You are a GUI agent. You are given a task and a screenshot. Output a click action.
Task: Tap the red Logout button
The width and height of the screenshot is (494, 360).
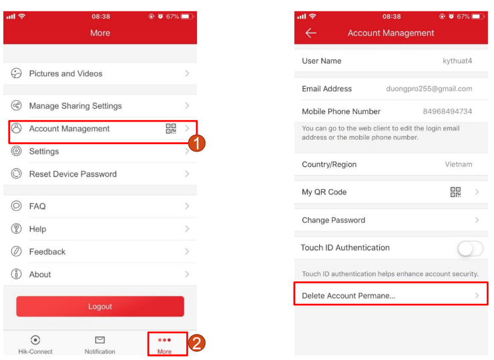pos(100,306)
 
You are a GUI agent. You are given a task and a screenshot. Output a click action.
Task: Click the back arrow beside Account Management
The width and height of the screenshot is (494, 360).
pos(310,33)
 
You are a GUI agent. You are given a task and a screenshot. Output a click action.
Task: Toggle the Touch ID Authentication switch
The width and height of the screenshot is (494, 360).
pos(471,248)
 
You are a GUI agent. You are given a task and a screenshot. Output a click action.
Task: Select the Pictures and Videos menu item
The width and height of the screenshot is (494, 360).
pos(65,73)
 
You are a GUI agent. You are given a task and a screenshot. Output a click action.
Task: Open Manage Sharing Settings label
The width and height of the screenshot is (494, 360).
pos(75,106)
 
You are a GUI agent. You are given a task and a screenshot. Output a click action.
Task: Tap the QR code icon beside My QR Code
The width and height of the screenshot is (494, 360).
pos(455,192)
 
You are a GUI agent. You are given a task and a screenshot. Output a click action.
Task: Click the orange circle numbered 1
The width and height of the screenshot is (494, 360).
pos(196,143)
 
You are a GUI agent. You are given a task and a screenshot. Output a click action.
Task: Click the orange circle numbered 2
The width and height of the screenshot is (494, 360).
pos(196,343)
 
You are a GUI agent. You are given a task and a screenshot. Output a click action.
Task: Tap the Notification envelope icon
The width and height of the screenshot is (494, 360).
pos(100,340)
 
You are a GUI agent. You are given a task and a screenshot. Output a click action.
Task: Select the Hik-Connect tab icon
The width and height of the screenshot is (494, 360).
pos(35,340)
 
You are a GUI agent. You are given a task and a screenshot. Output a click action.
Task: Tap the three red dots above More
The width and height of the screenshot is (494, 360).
pos(164,340)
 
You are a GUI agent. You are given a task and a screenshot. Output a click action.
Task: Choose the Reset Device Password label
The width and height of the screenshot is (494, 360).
pos(73,174)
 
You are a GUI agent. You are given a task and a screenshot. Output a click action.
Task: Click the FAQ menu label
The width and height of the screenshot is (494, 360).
pos(37,206)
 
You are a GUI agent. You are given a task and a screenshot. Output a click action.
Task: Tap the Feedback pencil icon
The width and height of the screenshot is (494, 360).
pos(17,251)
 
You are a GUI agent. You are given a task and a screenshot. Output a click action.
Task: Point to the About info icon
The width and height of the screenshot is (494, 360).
pos(17,274)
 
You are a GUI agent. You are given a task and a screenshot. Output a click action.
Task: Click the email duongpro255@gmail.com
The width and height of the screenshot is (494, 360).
pos(429,89)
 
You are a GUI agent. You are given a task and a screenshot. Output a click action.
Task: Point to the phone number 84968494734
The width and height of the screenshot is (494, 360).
pos(447,112)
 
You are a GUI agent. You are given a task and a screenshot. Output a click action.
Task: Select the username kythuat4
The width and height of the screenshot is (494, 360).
pos(457,61)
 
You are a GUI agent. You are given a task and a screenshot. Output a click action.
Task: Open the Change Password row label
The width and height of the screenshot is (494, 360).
pos(333,220)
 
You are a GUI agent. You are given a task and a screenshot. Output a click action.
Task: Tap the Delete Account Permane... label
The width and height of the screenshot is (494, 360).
pos(348,296)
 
